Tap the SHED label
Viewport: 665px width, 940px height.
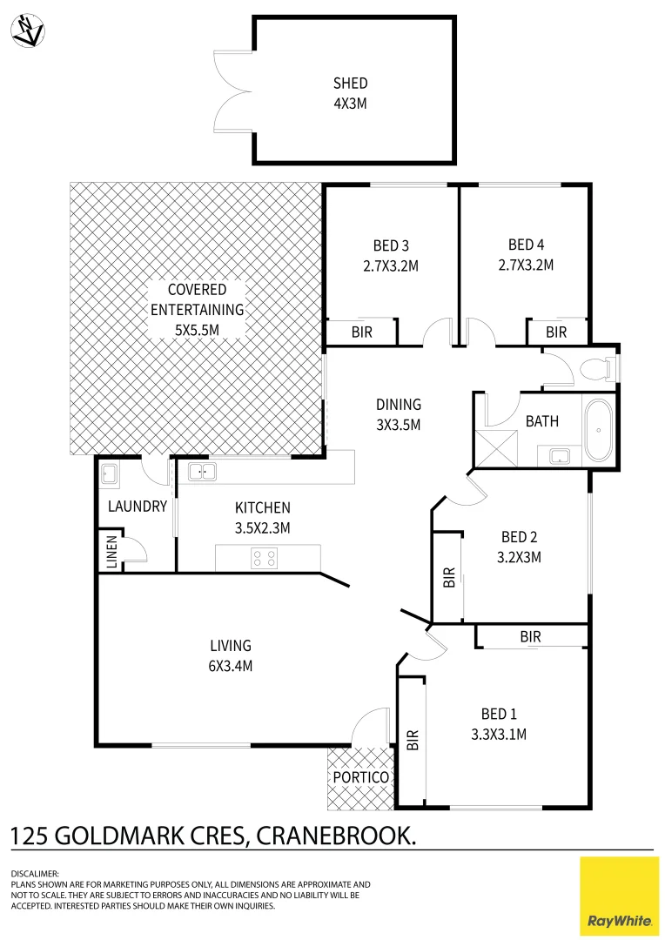tap(350, 84)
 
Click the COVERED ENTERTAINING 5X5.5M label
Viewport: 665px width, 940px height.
tap(197, 309)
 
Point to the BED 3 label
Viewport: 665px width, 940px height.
tap(391, 245)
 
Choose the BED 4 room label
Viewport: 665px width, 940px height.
tap(526, 245)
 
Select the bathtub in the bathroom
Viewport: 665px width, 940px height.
tap(598, 430)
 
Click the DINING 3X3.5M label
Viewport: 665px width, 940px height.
tap(399, 414)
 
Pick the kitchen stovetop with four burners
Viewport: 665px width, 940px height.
tap(265, 557)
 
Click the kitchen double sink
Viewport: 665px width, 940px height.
tap(202, 472)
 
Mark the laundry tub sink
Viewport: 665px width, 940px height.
tap(111, 473)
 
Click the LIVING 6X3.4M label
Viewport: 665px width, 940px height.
tap(231, 655)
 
